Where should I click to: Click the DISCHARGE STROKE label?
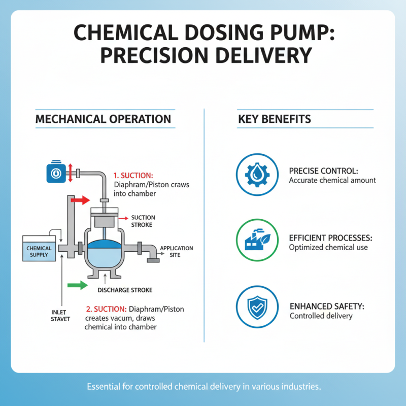point(124,290)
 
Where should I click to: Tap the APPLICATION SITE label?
point(176,251)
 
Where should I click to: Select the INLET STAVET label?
point(60,315)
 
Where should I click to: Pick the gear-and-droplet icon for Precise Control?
point(257,175)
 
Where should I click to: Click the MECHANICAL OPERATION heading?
point(103,119)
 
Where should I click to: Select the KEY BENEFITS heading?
point(275,119)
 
